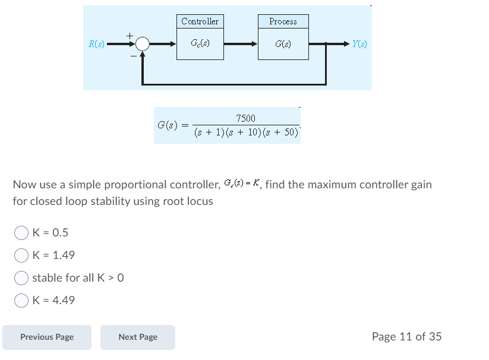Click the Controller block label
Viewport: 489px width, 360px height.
pyautogui.click(x=200, y=21)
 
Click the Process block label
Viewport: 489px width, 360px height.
pyautogui.click(x=283, y=21)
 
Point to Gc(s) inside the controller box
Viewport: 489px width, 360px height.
pyautogui.click(x=200, y=44)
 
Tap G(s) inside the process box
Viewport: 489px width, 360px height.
pyautogui.click(x=283, y=44)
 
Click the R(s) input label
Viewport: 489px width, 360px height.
pyautogui.click(x=96, y=44)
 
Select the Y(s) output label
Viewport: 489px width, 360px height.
pyautogui.click(x=359, y=44)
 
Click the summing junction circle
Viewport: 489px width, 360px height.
pyautogui.click(x=142, y=44)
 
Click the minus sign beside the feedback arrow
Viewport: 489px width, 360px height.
pyautogui.click(x=134, y=56)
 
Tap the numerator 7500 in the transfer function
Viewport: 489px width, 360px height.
pyautogui.click(x=245, y=119)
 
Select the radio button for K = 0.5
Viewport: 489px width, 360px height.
pyautogui.click(x=21, y=232)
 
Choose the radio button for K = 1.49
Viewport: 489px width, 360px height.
pyautogui.click(x=21, y=255)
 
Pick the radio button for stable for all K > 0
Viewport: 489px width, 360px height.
pyautogui.click(x=21, y=277)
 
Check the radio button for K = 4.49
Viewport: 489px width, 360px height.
pyautogui.click(x=21, y=300)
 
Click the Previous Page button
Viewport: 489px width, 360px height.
pyautogui.click(x=47, y=337)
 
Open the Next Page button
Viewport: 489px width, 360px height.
pyautogui.click(x=138, y=337)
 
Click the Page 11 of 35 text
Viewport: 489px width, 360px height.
pyautogui.click(x=406, y=337)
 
